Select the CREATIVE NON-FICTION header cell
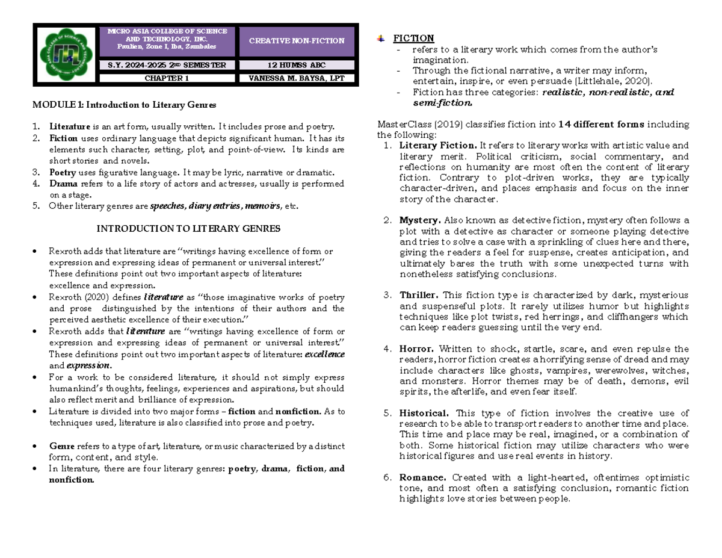(x=298, y=41)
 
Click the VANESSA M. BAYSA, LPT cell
(x=298, y=78)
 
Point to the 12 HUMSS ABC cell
(x=298, y=65)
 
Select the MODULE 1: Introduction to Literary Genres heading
(x=124, y=105)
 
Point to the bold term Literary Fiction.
(x=439, y=145)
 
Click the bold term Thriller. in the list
(x=419, y=295)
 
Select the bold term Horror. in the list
(x=416, y=349)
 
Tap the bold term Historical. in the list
(x=424, y=413)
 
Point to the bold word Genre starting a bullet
(x=62, y=446)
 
